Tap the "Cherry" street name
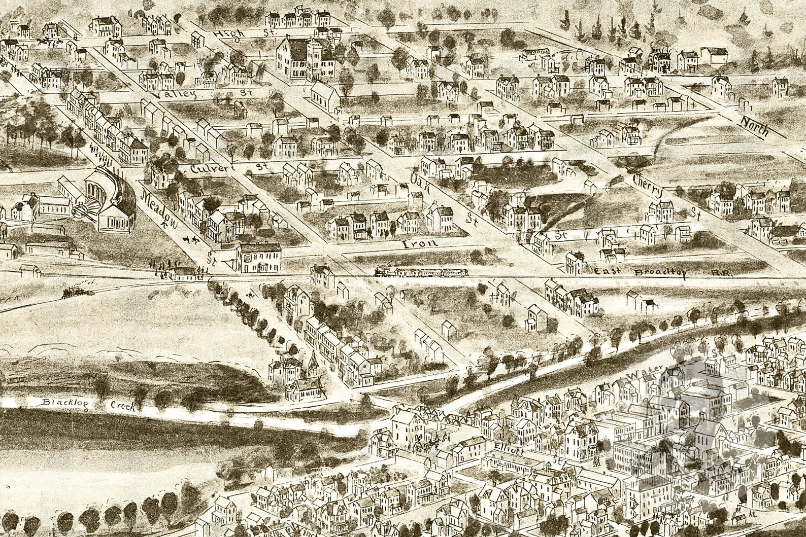tap(648, 186)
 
